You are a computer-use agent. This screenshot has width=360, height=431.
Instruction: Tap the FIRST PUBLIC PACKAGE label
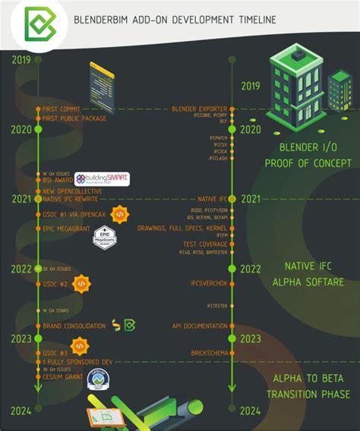[x=74, y=118]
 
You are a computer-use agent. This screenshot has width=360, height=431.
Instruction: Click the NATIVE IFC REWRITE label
[x=71, y=198]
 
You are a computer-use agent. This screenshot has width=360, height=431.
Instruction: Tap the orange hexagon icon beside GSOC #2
[x=81, y=283]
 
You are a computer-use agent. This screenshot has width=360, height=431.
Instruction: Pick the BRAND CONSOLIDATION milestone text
[x=74, y=326]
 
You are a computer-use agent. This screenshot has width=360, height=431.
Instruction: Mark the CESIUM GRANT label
[x=62, y=377]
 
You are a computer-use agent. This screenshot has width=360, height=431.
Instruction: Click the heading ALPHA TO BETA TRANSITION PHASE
[x=308, y=386]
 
